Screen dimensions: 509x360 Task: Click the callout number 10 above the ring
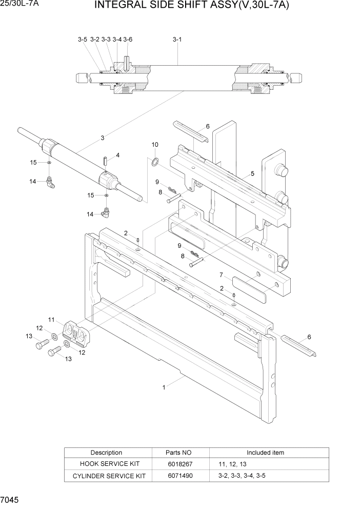click(155, 145)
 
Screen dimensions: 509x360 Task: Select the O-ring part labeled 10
click(154, 163)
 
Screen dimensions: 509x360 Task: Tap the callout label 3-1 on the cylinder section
click(177, 39)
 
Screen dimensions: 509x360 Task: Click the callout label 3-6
click(128, 39)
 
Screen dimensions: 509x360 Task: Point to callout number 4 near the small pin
click(117, 155)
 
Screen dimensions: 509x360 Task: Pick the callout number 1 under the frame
click(164, 388)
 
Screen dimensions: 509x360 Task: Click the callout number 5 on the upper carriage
click(252, 174)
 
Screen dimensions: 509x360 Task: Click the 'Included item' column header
click(265, 453)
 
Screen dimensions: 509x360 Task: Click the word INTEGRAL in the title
click(116, 7)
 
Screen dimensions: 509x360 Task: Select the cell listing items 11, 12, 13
click(232, 464)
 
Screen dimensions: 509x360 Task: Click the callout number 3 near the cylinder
click(103, 138)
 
